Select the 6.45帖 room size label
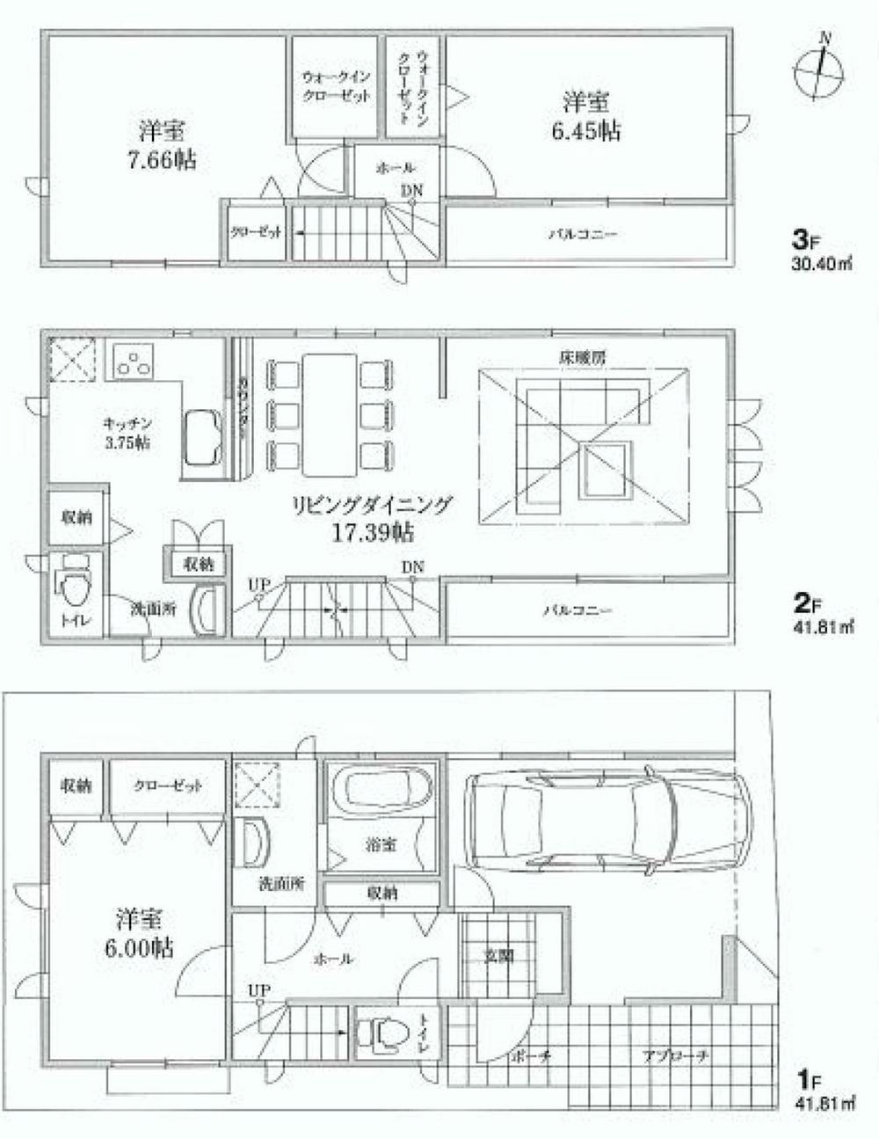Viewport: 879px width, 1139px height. click(x=586, y=130)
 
